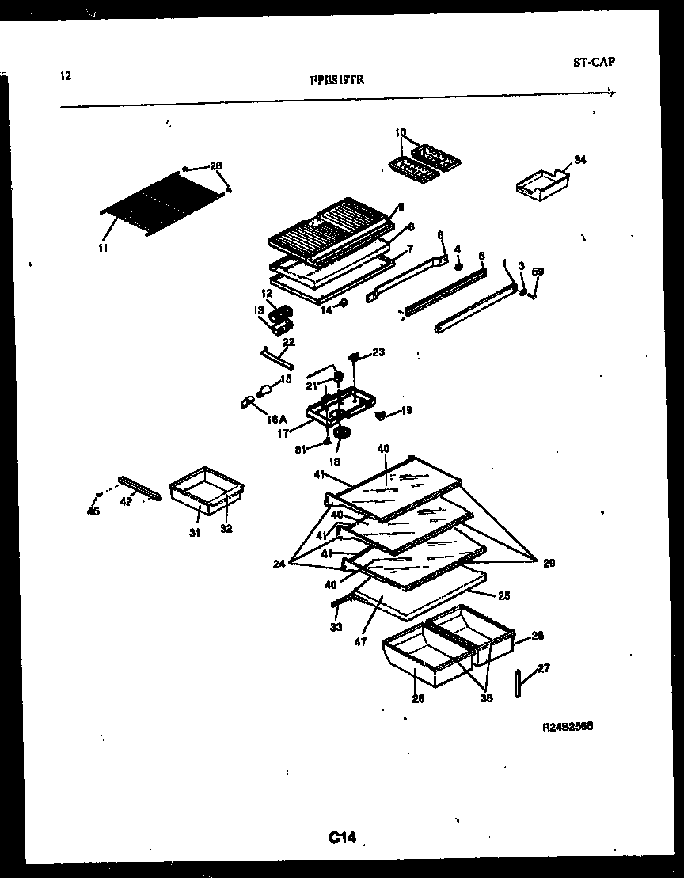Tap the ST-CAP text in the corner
(593, 62)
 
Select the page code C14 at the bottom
(342, 838)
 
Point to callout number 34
(579, 160)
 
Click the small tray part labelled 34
(542, 184)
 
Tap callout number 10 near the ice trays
(400, 132)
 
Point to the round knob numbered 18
(343, 435)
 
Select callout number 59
(538, 272)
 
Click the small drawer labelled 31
(206, 491)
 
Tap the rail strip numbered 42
(139, 488)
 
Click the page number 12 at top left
(66, 76)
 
